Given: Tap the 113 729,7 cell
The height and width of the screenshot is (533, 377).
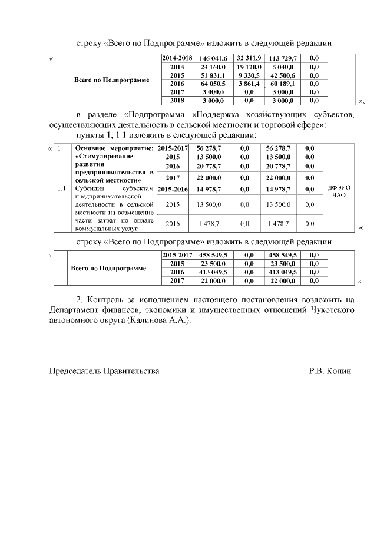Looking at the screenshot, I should [283, 59].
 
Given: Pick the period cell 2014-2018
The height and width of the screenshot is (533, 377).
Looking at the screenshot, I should [177, 59].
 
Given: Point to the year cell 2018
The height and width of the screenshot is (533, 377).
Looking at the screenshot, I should [177, 100].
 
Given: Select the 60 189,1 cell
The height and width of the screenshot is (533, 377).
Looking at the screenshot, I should [283, 84].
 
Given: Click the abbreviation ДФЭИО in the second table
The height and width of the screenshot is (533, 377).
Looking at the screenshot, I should [339, 188].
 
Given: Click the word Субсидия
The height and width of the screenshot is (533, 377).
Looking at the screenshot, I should [90, 188].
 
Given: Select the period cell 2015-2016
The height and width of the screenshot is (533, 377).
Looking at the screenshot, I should [173, 189].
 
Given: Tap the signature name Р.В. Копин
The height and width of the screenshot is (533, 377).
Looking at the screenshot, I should [330, 372].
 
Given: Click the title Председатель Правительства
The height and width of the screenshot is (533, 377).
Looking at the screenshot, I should [104, 372].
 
